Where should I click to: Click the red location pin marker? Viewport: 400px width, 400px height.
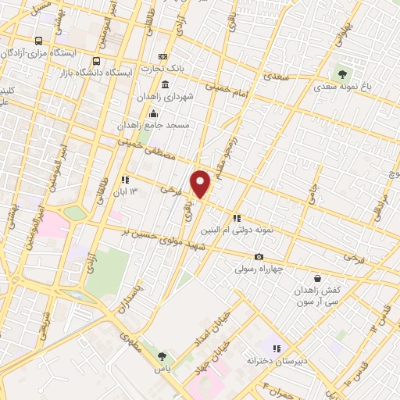click(201, 184)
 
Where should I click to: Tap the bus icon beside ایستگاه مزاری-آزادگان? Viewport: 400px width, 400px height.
click(39, 41)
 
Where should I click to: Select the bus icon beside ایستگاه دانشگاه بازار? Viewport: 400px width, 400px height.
click(96, 61)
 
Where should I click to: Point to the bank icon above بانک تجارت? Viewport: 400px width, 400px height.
click(162, 56)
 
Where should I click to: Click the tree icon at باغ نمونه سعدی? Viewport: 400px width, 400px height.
click(342, 74)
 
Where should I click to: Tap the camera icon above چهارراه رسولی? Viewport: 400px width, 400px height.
click(259, 257)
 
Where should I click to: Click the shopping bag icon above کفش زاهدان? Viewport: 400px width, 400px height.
click(316, 278)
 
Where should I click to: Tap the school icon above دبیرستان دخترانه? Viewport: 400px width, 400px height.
click(275, 348)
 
